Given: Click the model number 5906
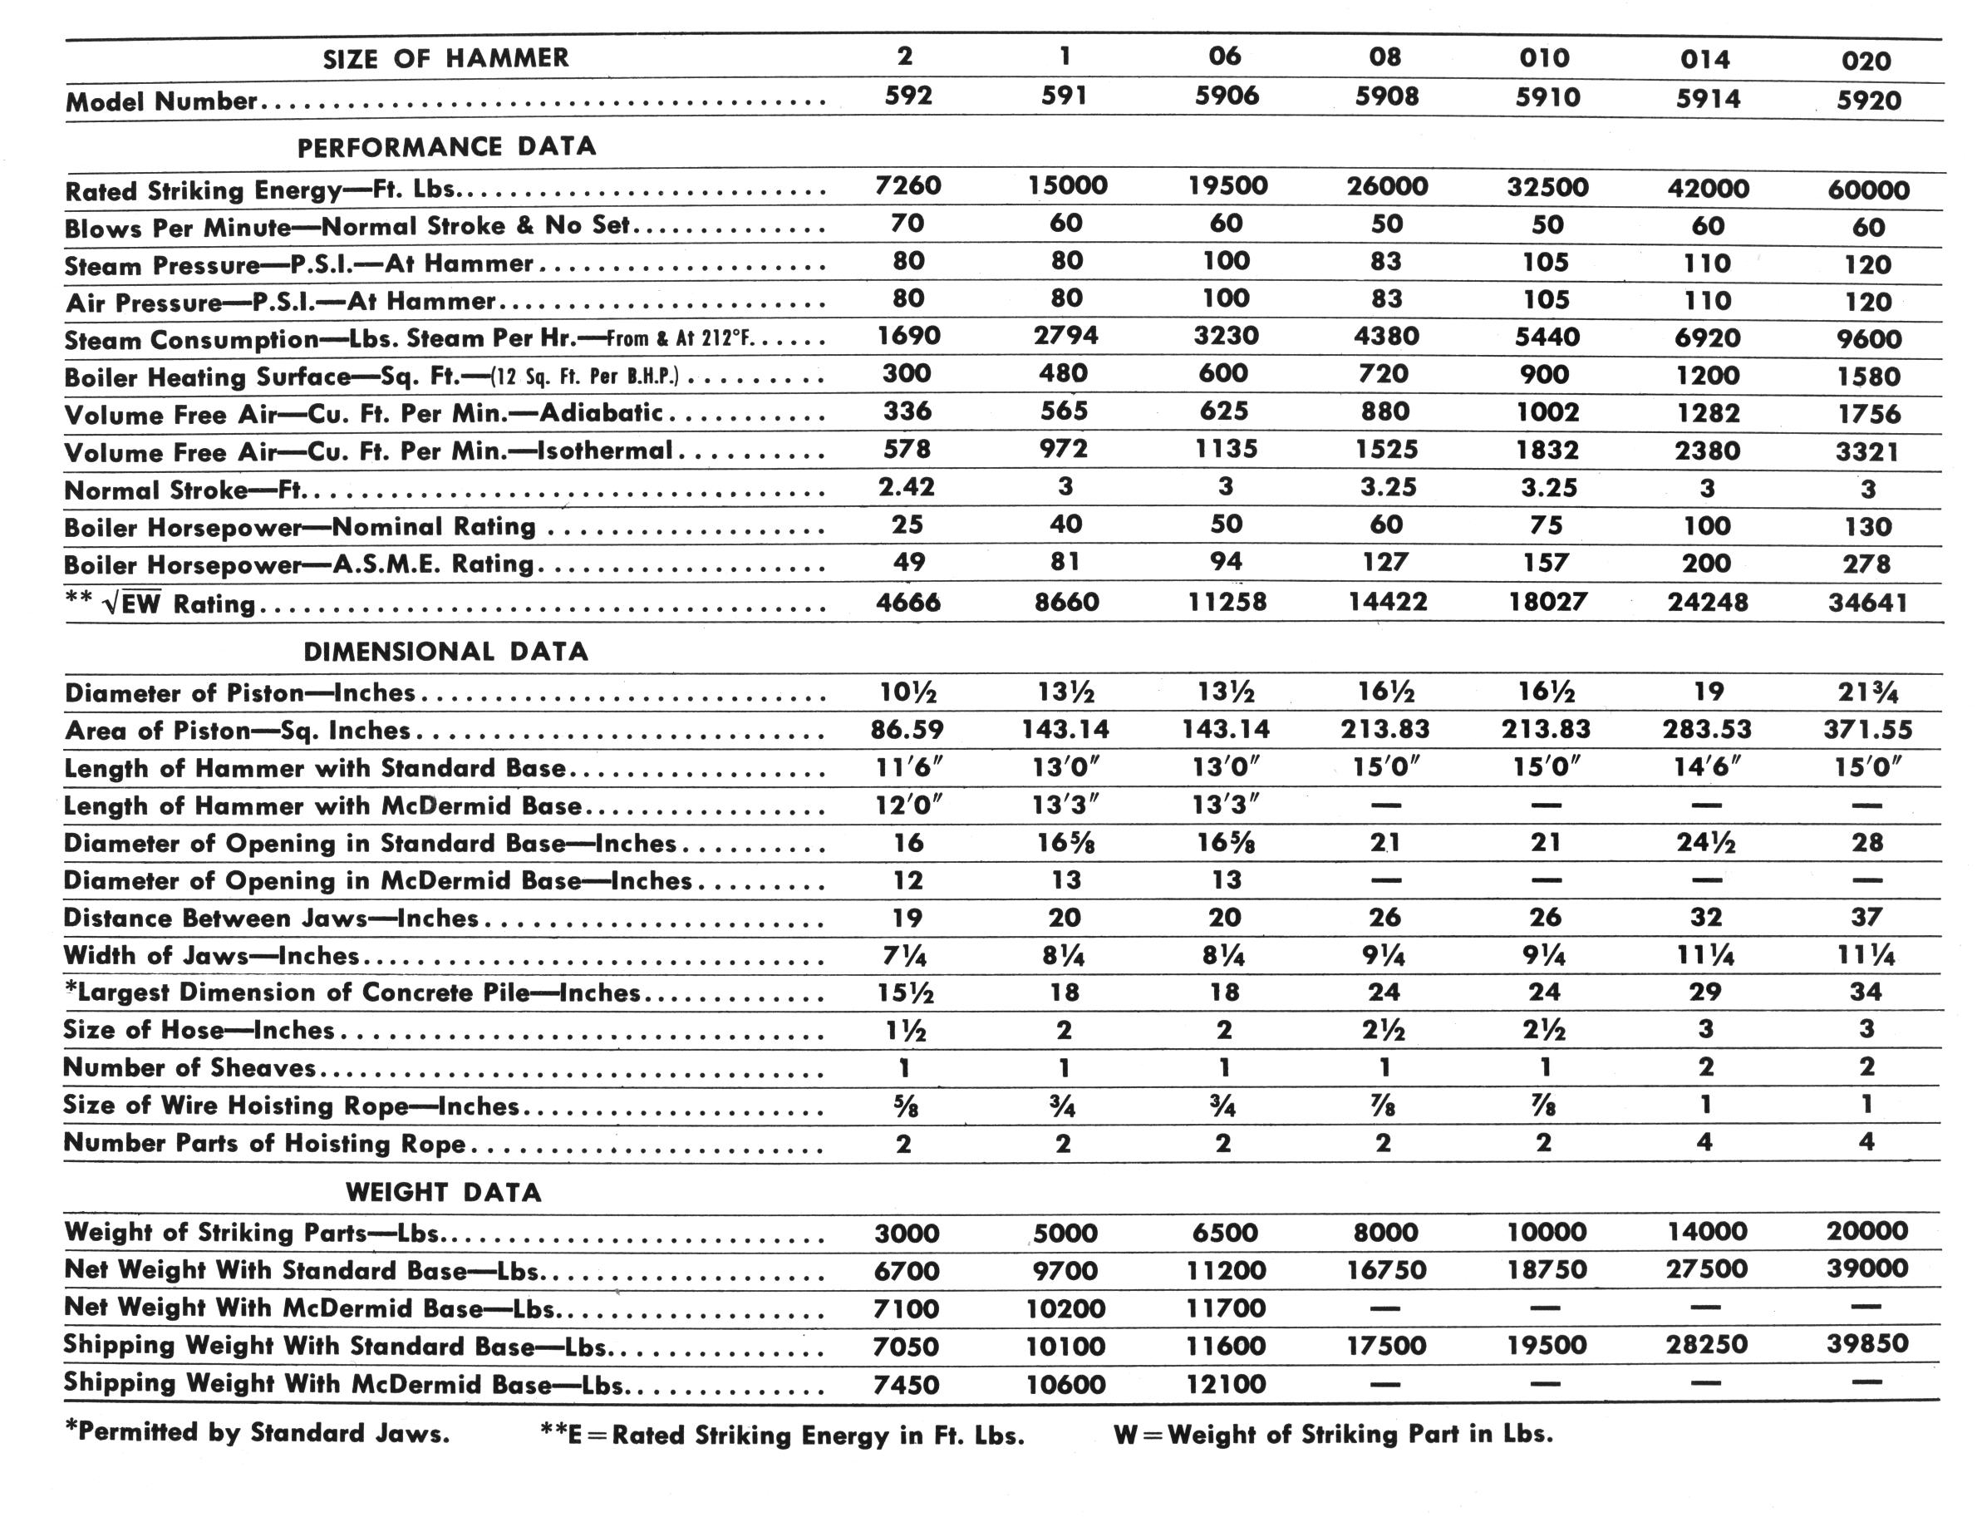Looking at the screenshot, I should (x=1226, y=96).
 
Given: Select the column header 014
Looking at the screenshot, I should (x=1705, y=60).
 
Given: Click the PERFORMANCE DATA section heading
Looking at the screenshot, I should (x=447, y=147).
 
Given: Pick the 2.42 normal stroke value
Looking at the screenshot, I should (x=907, y=487).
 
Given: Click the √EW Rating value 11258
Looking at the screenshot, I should (x=1226, y=601).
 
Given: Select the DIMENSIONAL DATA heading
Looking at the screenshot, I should (x=446, y=652).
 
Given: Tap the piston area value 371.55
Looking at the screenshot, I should (x=1866, y=730).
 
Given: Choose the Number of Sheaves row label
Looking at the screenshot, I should (x=189, y=1068).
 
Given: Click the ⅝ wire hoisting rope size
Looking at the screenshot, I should (x=904, y=1106).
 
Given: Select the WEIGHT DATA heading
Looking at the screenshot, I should (x=444, y=1193).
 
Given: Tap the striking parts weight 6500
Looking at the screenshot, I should (x=1225, y=1233).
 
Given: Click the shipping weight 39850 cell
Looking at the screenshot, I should (x=1866, y=1343).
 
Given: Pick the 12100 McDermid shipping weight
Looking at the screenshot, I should (x=1225, y=1383).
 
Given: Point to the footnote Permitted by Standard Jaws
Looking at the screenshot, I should (x=258, y=1433).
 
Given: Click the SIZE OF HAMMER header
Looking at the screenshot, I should (x=446, y=59).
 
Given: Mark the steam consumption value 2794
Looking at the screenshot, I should (x=1065, y=336).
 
